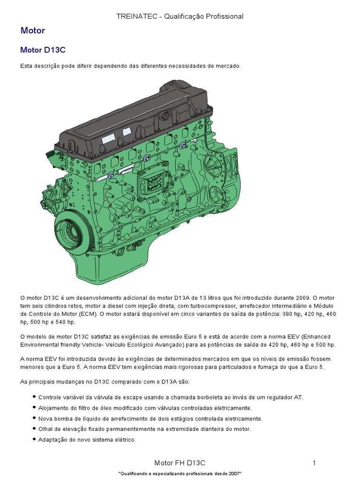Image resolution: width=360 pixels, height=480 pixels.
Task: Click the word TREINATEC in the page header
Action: pyautogui.click(x=133, y=16)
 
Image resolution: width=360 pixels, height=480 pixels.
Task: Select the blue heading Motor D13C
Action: pyautogui.click(x=45, y=50)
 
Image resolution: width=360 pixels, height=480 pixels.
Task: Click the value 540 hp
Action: pyautogui.click(x=66, y=322)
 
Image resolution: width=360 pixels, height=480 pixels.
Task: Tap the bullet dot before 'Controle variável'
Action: pyautogui.click(x=34, y=397)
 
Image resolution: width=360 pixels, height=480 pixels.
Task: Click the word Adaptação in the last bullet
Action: pyautogui.click(x=52, y=440)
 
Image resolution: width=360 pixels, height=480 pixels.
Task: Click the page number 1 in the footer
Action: pyautogui.click(x=315, y=463)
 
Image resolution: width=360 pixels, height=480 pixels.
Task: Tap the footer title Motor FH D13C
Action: pyautogui.click(x=180, y=463)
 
